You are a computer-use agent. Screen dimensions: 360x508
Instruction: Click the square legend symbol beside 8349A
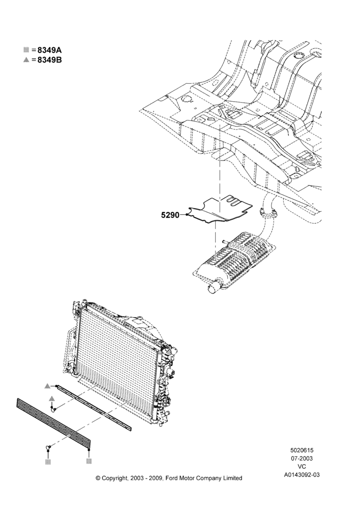coord(26,50)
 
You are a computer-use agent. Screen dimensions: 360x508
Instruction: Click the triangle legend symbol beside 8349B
coord(26,60)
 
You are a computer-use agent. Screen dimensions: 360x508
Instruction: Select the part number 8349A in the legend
coord(50,50)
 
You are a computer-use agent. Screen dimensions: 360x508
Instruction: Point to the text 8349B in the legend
coord(50,60)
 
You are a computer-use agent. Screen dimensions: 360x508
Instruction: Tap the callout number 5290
coord(170,215)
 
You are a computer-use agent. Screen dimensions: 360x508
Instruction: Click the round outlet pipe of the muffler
coord(214,287)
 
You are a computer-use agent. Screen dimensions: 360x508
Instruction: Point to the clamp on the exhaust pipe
coord(268,213)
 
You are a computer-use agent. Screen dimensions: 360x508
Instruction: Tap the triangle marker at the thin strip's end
coord(47,386)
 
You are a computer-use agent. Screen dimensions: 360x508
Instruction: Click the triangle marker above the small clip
coord(51,398)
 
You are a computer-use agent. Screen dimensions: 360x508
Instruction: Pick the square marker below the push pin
coord(48,462)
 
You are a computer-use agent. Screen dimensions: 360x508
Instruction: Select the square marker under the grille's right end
coord(89,461)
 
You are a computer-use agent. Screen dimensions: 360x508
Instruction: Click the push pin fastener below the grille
coord(48,448)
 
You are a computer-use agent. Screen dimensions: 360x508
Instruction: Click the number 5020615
coord(302,450)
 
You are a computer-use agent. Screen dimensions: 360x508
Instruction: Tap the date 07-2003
coord(302,458)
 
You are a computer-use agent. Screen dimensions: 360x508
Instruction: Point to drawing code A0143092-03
coord(302,475)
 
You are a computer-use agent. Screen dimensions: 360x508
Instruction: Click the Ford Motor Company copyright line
coord(169,478)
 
